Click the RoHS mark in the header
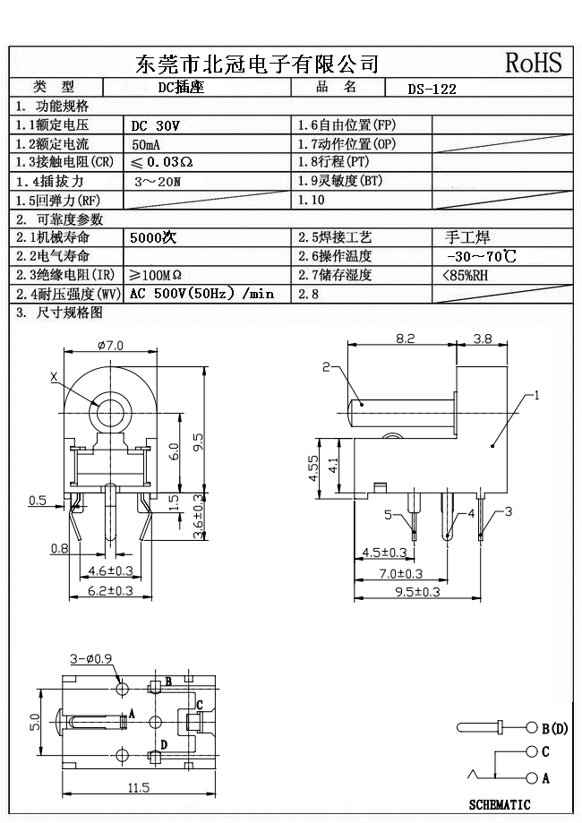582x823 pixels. (534, 62)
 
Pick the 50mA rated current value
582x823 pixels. (147, 144)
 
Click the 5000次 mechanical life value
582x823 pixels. (153, 238)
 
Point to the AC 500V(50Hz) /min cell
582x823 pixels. (201, 294)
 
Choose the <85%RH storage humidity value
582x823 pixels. (466, 276)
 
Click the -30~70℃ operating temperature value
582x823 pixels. (481, 257)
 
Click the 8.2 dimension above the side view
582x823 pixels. (405, 339)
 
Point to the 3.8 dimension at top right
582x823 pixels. (482, 339)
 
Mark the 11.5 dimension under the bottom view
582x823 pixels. (138, 787)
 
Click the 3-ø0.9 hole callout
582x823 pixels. (90, 659)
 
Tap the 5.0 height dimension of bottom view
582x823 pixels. (32, 721)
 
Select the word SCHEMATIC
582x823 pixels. (500, 805)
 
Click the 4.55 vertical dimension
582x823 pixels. (313, 467)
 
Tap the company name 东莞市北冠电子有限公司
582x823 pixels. (257, 63)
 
